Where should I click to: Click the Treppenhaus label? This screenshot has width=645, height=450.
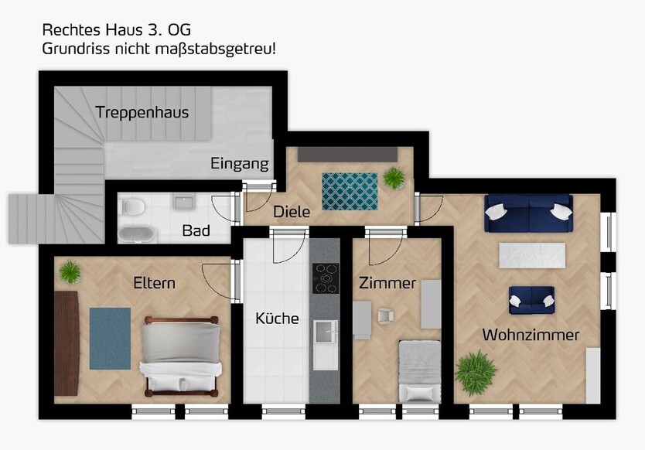coord(142,113)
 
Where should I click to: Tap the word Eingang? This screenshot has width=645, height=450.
coord(240,164)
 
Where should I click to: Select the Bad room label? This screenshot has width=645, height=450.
coord(196,230)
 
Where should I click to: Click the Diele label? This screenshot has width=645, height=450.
coord(291,212)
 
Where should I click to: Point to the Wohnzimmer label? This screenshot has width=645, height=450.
coord(531,335)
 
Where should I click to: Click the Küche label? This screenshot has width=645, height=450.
coord(277,318)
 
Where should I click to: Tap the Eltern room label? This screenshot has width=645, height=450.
coord(153,283)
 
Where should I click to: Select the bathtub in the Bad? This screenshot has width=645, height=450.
coord(137,234)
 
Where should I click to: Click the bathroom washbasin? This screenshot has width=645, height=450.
coord(184,203)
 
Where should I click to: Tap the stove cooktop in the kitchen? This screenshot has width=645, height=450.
coord(325,278)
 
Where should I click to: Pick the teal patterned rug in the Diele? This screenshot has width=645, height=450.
coord(350,191)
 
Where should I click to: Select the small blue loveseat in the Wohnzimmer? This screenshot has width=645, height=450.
coord(531,300)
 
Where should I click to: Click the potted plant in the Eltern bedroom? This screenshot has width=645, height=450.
coord(70,271)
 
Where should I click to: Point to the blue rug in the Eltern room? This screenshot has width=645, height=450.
coord(110,339)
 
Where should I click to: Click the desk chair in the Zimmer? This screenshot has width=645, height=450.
coord(384,315)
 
